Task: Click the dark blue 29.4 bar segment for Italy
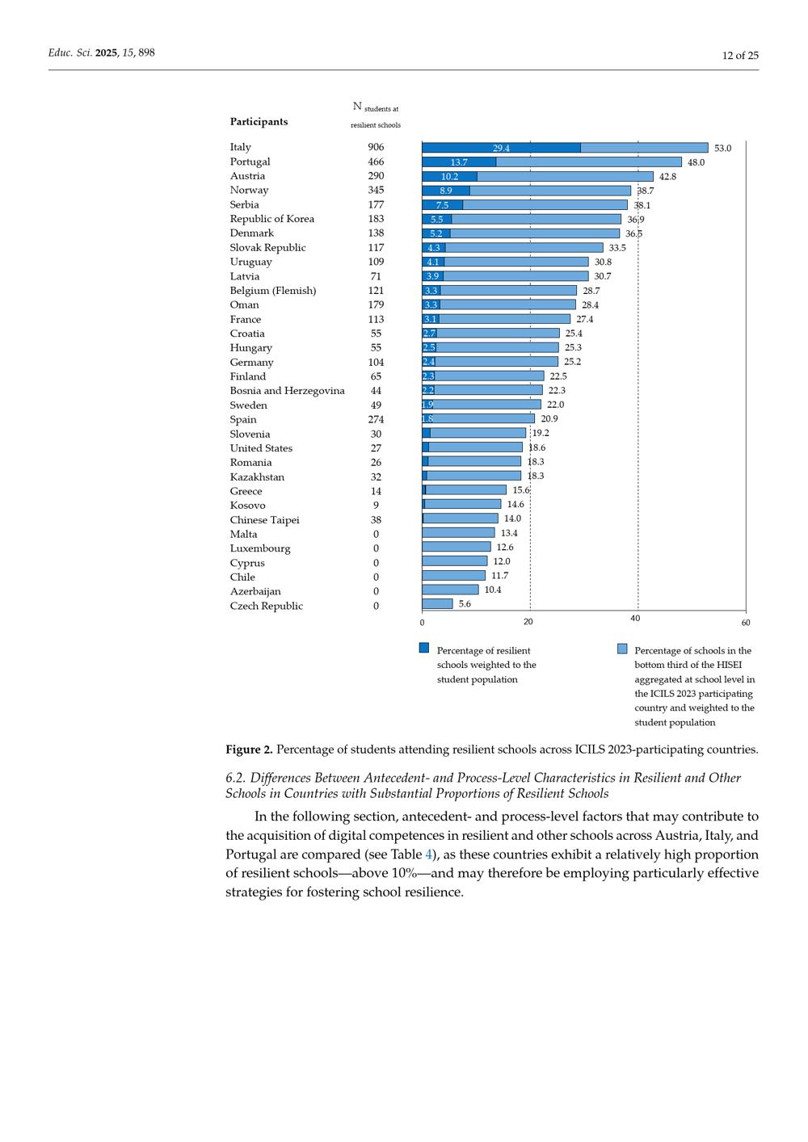click(501, 148)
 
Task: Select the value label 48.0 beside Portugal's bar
click(696, 162)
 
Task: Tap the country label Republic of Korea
click(271, 219)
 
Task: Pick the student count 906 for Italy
click(376, 147)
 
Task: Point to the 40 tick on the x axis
click(635, 619)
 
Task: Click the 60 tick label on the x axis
click(746, 623)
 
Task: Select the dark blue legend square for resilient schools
click(424, 648)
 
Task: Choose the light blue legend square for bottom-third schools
click(622, 648)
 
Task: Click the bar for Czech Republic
click(437, 603)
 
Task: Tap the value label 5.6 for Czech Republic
click(465, 604)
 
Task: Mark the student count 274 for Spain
click(376, 420)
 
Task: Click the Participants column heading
click(259, 122)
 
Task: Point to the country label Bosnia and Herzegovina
click(287, 391)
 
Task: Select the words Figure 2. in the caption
click(249, 749)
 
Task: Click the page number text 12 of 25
click(740, 55)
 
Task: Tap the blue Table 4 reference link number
click(429, 854)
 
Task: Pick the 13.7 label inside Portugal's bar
click(459, 162)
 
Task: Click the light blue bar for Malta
click(458, 533)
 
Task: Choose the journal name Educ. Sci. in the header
click(70, 53)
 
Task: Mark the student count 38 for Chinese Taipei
click(376, 520)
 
